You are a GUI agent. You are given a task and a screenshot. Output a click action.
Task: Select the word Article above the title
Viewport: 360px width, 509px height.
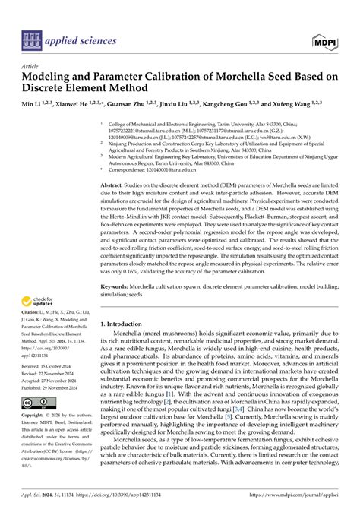[x=32, y=67]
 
